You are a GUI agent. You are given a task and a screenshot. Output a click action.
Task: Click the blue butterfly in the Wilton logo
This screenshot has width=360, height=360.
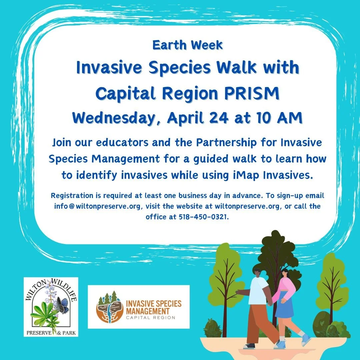(x=62, y=305)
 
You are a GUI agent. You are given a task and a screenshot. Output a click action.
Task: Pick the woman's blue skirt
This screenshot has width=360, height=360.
(x=284, y=309)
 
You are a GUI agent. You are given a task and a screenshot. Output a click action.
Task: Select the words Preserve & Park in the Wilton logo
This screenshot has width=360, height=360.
(x=51, y=332)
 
